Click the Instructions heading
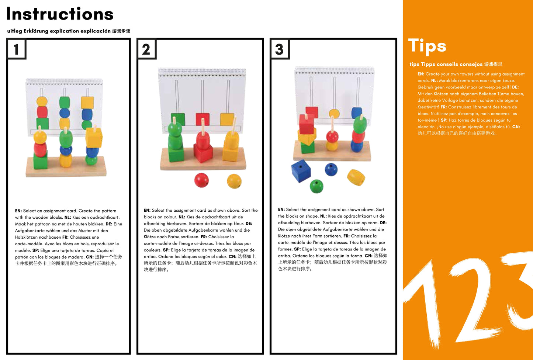click(x=60, y=14)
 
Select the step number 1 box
click(x=16, y=49)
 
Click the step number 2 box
click(x=146, y=49)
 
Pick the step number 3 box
click(x=280, y=49)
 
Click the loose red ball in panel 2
click(x=201, y=180)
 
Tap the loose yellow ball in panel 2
click(x=234, y=181)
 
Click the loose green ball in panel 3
click(x=316, y=186)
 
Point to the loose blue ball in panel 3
click(x=331, y=169)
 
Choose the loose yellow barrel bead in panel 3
click(x=356, y=177)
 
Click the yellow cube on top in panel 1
click(x=94, y=138)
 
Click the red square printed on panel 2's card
click(x=203, y=119)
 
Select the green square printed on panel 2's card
click(x=178, y=119)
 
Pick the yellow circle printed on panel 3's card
click(x=334, y=114)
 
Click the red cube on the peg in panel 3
click(x=307, y=124)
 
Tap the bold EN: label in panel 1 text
click(x=18, y=211)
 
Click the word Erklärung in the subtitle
click(x=36, y=31)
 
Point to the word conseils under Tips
click(x=447, y=64)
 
